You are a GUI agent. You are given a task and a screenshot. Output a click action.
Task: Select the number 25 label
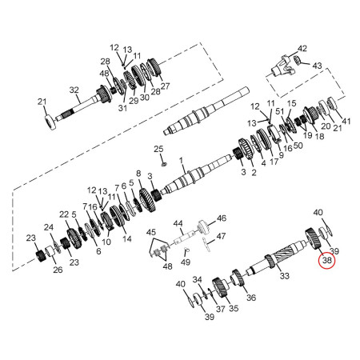coord(158,150)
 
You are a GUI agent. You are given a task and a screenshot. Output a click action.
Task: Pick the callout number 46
coord(222,218)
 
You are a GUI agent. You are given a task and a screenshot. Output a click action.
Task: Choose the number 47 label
coord(221,236)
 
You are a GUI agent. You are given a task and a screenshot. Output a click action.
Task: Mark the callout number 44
coord(178,223)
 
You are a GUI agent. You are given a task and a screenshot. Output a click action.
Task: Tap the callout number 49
coord(186,262)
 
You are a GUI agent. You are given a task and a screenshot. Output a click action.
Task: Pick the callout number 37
coord(220,307)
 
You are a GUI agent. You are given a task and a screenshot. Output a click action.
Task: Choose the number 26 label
coord(58,270)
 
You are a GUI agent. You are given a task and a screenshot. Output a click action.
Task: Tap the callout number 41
coord(346,120)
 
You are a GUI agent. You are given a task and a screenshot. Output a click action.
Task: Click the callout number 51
coord(279,113)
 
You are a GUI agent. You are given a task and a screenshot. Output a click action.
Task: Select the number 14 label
coord(127,238)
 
